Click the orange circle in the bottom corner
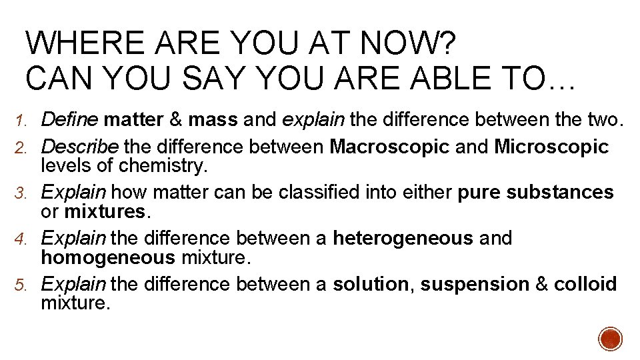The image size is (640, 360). coord(610,339)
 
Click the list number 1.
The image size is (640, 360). coord(20,121)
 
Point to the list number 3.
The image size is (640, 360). coord(20,193)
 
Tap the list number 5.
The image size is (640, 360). coord(20,285)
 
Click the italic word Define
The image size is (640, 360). coord(70,120)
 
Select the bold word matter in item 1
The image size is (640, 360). coord(134,120)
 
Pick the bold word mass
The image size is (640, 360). coord(213,120)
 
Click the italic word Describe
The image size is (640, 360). coord(79,147)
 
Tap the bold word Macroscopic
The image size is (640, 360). coord(389,147)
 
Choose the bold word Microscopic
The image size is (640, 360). coord(551,147)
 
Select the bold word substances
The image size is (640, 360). coord(560,193)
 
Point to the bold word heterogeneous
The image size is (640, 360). coord(403,238)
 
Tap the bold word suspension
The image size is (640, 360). coord(475,284)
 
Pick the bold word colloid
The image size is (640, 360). coord(585,284)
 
